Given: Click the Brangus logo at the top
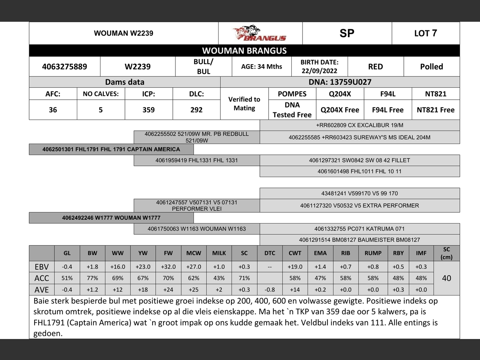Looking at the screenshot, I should click(x=259, y=33).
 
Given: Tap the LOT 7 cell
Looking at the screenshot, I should click(x=425, y=33).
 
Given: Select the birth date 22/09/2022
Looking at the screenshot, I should click(x=319, y=70).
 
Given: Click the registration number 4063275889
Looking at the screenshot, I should click(x=64, y=67).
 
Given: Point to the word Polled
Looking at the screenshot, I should click(x=431, y=67).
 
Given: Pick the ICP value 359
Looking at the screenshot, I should click(x=148, y=110).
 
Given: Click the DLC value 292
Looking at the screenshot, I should click(x=196, y=110).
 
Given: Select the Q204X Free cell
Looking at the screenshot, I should click(x=340, y=110).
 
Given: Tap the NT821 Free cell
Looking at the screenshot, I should click(x=435, y=110).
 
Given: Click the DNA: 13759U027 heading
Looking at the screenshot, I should click(x=340, y=82).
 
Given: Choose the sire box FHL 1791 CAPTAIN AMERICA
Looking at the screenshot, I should click(x=111, y=149).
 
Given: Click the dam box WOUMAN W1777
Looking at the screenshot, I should click(x=111, y=217).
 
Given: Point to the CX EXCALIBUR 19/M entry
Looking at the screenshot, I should click(x=359, y=125).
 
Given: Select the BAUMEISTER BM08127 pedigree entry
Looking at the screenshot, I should click(x=359, y=240).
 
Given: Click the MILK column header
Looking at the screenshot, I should click(x=219, y=253).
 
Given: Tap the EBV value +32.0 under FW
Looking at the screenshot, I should click(x=168, y=267).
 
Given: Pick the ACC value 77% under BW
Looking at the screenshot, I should click(x=92, y=278).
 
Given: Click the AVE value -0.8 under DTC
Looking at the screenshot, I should click(x=270, y=289).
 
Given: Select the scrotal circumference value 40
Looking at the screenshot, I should click(x=446, y=278).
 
